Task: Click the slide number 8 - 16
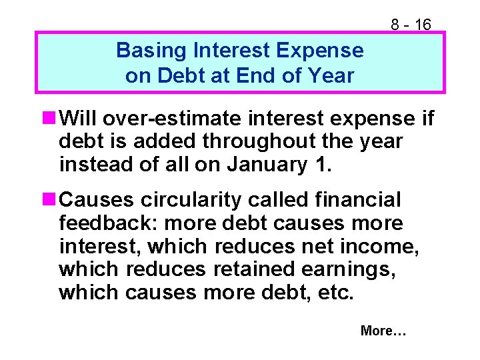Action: pyautogui.click(x=411, y=25)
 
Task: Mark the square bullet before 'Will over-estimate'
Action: pyautogui.click(x=47, y=119)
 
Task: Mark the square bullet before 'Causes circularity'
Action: pyautogui.click(x=47, y=199)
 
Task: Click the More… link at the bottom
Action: pyautogui.click(x=383, y=331)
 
